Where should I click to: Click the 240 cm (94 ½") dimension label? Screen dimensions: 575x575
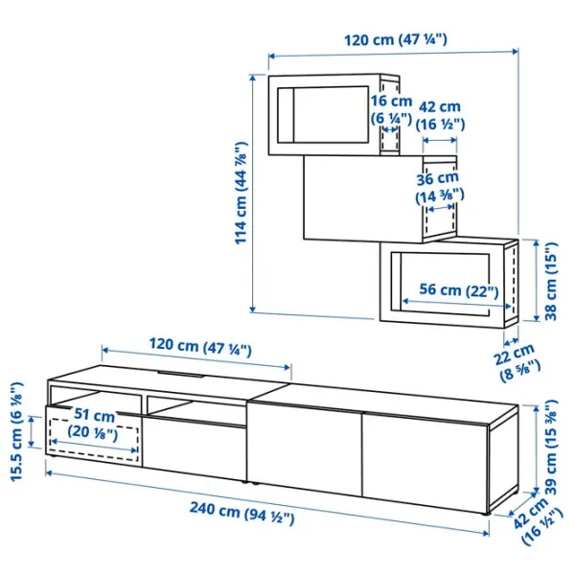pyautogui.click(x=242, y=513)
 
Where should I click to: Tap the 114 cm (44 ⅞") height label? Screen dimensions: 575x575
pyautogui.click(x=241, y=193)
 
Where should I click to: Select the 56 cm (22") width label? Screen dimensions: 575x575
pyautogui.click(x=459, y=290)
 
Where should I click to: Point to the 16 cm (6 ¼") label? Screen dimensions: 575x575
pyautogui.click(x=391, y=109)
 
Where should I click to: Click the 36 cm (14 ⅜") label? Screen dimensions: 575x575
pyautogui.click(x=439, y=187)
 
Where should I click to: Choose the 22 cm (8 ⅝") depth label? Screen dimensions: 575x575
pyautogui.click(x=517, y=362)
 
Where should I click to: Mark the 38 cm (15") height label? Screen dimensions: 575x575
pyautogui.click(x=551, y=281)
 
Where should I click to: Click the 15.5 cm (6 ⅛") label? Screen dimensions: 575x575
pyautogui.click(x=17, y=431)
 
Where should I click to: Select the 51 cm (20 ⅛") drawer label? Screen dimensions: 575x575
pyautogui.click(x=94, y=424)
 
